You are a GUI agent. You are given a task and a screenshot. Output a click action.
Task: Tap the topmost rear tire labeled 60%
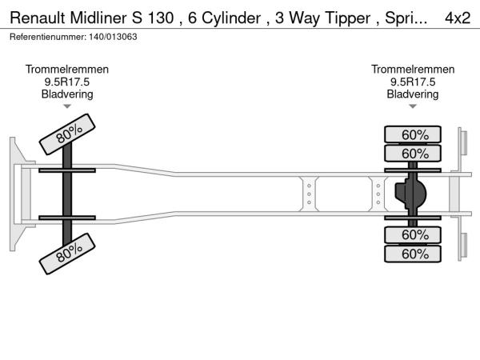click(x=414, y=134)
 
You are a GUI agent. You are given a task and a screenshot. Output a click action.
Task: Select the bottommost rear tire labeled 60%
click(x=414, y=254)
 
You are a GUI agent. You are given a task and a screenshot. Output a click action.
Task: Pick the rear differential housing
click(x=411, y=194)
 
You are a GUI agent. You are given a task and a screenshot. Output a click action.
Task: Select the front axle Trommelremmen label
click(x=67, y=70)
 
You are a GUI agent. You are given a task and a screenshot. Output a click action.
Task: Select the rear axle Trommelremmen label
click(x=413, y=70)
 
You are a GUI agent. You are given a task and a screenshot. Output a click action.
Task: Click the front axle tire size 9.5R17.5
click(x=67, y=82)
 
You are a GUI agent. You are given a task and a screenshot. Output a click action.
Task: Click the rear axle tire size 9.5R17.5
click(x=413, y=82)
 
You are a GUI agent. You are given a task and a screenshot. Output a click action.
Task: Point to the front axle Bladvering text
click(x=67, y=94)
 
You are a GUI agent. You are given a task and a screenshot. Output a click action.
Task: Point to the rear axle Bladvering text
click(x=413, y=94)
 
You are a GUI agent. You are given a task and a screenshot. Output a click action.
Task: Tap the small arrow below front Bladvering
click(x=67, y=106)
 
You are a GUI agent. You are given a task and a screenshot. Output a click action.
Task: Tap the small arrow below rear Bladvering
click(x=413, y=106)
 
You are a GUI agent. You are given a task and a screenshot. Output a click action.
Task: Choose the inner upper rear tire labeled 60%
click(x=414, y=154)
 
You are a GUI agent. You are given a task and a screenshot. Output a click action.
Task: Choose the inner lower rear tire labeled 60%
click(x=414, y=235)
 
